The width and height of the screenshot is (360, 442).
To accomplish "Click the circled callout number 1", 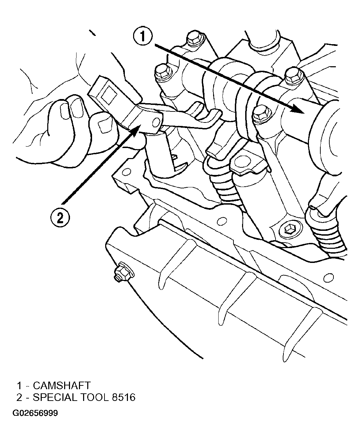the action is [x=143, y=36].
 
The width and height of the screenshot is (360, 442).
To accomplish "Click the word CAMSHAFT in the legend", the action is [x=62, y=385].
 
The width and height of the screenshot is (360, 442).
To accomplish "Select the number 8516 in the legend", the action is [x=123, y=397].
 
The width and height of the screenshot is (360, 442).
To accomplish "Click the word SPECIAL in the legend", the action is [x=55, y=397].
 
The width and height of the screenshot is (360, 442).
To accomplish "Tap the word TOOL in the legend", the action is [x=94, y=397].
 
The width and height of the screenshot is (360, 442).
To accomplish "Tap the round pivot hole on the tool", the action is [x=156, y=123].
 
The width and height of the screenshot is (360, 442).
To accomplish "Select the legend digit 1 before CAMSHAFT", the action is [x=19, y=385].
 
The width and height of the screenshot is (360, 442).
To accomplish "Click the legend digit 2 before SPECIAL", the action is [x=19, y=397].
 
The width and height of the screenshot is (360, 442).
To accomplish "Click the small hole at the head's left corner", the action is [x=125, y=172].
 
